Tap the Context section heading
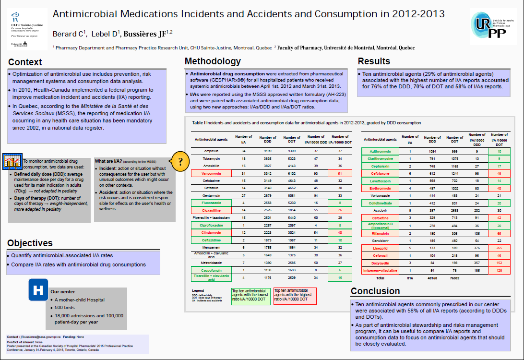pos(25,62)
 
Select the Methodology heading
pos(213,61)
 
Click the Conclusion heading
pos(375,291)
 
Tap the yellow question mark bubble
pos(180,161)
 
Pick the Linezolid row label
pos(380,248)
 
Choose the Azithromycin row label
pos(380,151)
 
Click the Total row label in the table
pos(380,278)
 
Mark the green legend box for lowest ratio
pos(250,296)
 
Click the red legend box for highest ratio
pos(294,296)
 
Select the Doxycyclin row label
pos(380,263)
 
